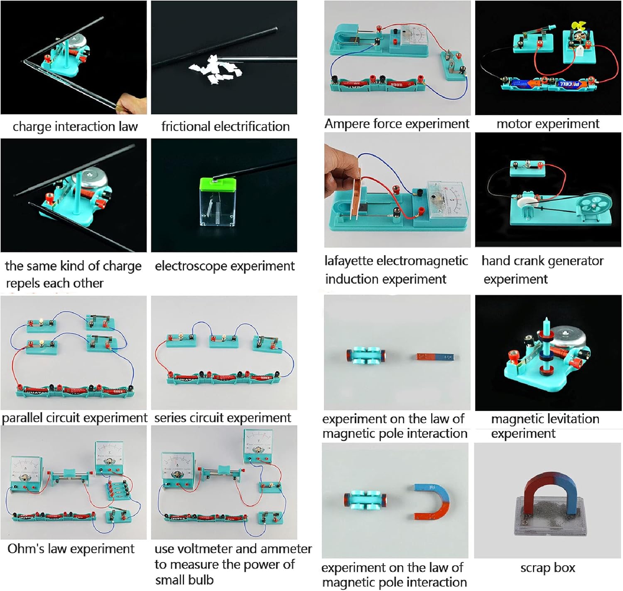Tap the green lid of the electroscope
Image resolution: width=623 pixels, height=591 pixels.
coord(218,184)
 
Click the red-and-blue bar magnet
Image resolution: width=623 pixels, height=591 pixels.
coord(435,357)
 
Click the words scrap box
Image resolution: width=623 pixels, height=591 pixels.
coord(547,568)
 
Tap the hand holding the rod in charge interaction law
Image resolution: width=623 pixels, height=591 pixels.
coord(131,105)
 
